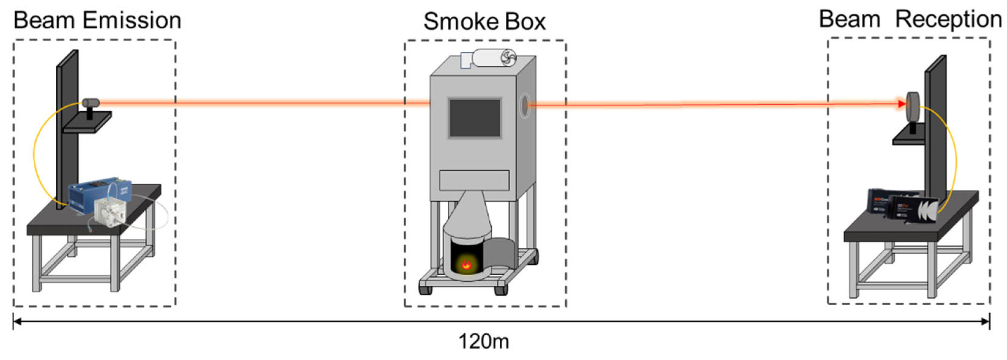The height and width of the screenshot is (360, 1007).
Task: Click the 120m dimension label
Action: coord(483,341)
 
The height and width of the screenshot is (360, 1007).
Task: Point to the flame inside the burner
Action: coord(466,264)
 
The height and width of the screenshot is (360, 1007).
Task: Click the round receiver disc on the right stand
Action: coord(913,106)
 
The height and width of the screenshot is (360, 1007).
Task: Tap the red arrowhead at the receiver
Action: coord(901,104)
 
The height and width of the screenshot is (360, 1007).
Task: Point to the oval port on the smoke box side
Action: coord(524,105)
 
